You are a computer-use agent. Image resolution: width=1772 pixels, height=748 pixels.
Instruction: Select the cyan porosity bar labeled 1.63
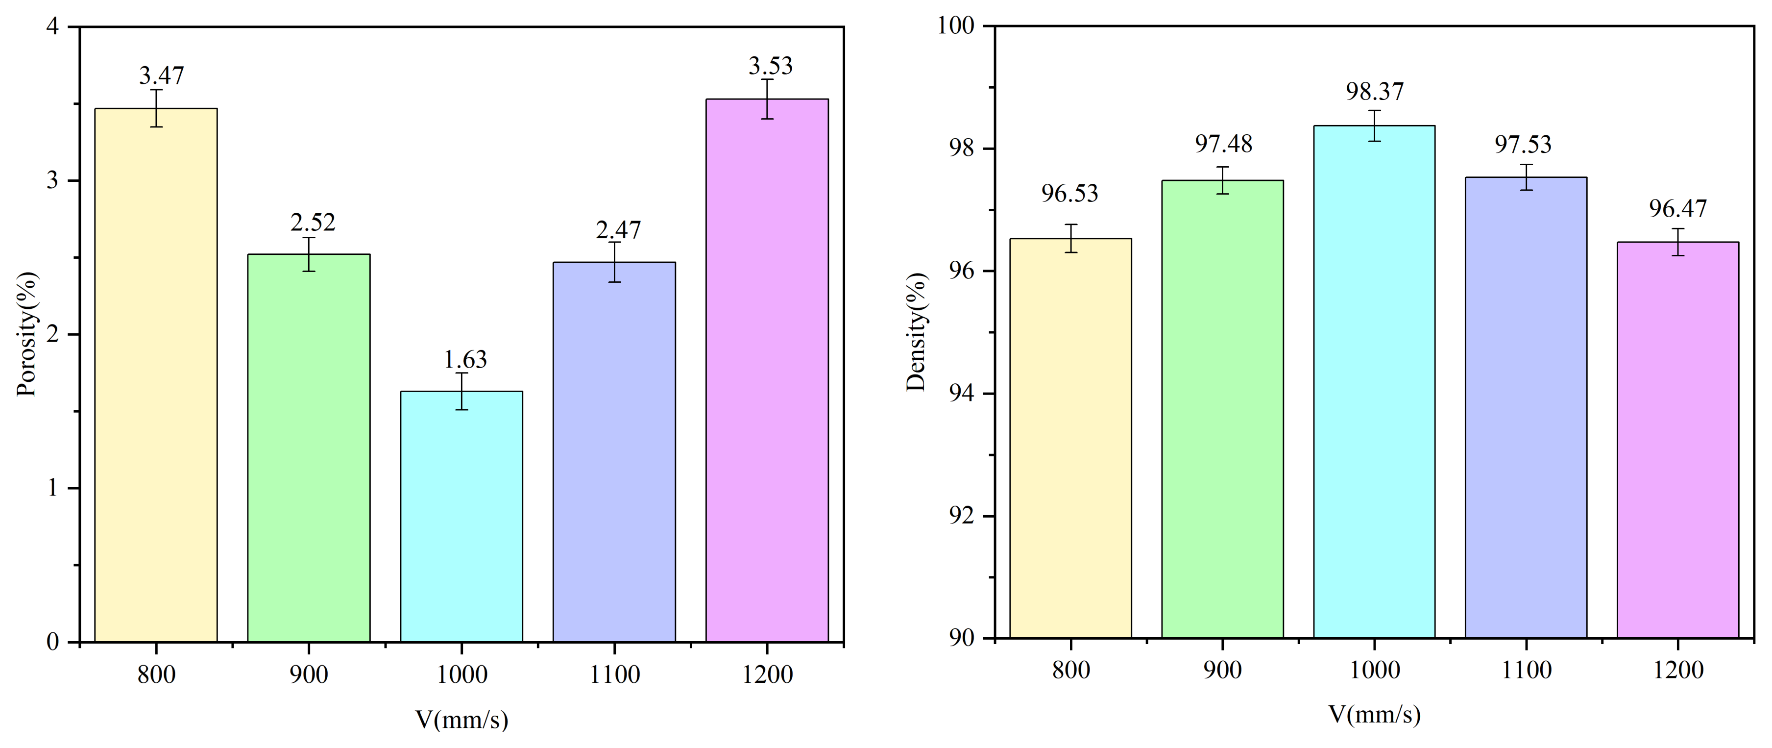[x=461, y=516]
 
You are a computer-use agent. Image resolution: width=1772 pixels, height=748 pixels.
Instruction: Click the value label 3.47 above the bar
[x=162, y=75]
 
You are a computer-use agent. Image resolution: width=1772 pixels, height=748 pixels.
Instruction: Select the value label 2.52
[x=313, y=222]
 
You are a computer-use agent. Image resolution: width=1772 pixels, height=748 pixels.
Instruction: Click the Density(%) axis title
[x=916, y=332]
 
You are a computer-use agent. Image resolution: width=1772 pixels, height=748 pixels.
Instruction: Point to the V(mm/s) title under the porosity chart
[x=461, y=720]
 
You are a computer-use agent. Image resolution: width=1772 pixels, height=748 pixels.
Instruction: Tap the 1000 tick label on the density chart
[x=1374, y=670]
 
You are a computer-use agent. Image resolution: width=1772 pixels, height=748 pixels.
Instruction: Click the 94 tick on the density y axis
[x=961, y=394]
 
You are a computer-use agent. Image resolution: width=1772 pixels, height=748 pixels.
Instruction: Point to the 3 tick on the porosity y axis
[x=53, y=181]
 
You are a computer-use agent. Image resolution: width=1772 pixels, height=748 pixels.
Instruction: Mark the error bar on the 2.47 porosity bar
[x=614, y=262]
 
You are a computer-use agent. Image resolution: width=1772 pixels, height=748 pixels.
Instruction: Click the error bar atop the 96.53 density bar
[x=1071, y=238]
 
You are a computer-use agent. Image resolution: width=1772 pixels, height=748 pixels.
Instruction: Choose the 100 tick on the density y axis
[x=956, y=26]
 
